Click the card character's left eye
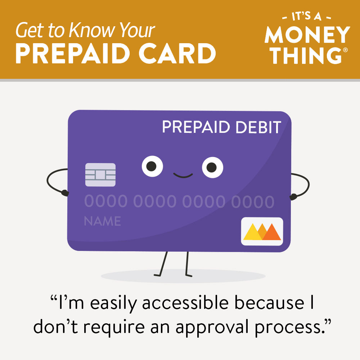click(x=152, y=166)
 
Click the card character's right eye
click(x=212, y=167)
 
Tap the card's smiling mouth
click(x=183, y=176)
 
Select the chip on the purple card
click(x=100, y=175)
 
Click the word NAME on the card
click(x=102, y=221)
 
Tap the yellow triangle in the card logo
click(x=253, y=233)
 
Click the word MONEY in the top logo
click(x=307, y=35)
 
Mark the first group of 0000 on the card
click(x=105, y=202)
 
